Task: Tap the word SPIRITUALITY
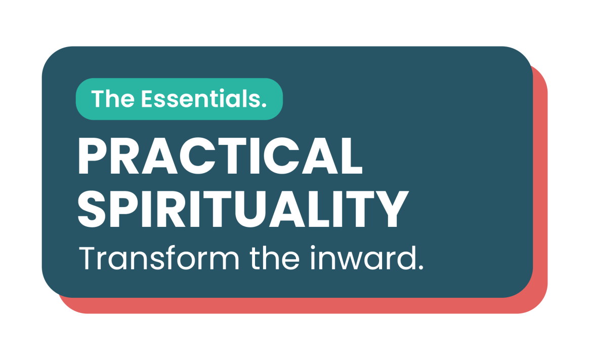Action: point(242,210)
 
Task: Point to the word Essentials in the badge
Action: point(202,99)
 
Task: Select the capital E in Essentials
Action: point(146,99)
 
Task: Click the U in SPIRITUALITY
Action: point(262,210)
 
